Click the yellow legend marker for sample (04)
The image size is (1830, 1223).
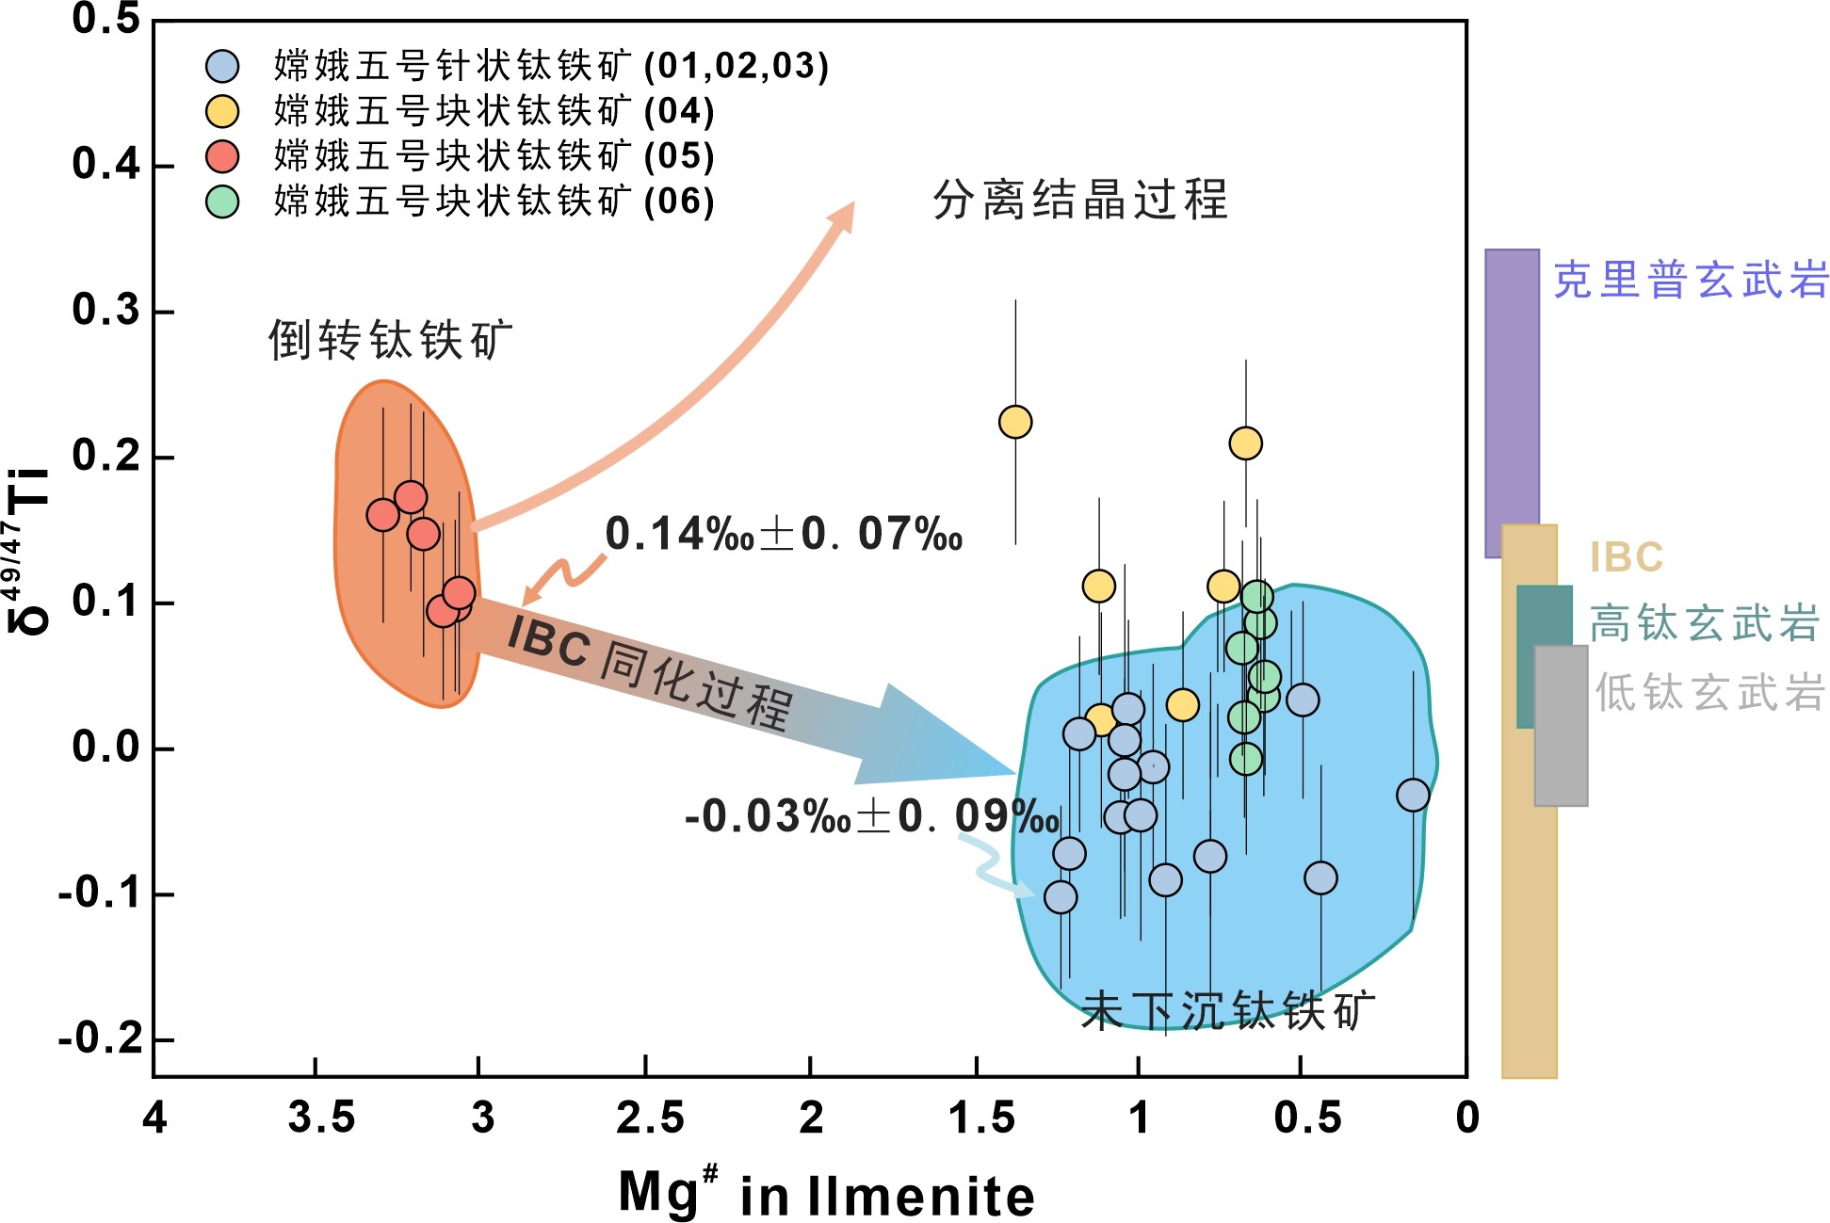[x=222, y=111]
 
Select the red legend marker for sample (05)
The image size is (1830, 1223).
[x=222, y=156]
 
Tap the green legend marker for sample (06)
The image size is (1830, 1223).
[x=222, y=201]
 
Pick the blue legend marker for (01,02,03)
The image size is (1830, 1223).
[x=222, y=66]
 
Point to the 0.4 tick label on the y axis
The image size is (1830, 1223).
[x=105, y=165]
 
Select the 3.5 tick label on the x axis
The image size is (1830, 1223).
[x=321, y=1118]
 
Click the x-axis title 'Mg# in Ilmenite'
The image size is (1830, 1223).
[x=826, y=1194]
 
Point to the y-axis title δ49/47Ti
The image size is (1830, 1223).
[x=28, y=551]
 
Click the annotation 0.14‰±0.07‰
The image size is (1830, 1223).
[x=784, y=534]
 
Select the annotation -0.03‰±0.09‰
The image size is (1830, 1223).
[x=872, y=815]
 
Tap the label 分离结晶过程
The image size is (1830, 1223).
[x=1080, y=200]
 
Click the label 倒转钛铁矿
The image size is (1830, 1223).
[x=390, y=339]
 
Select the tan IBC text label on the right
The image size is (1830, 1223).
[x=1627, y=557]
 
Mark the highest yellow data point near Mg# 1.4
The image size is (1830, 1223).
[x=1014, y=422]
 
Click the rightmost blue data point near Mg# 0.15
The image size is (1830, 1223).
[x=1413, y=795]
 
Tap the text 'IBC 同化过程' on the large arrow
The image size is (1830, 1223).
[x=650, y=670]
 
